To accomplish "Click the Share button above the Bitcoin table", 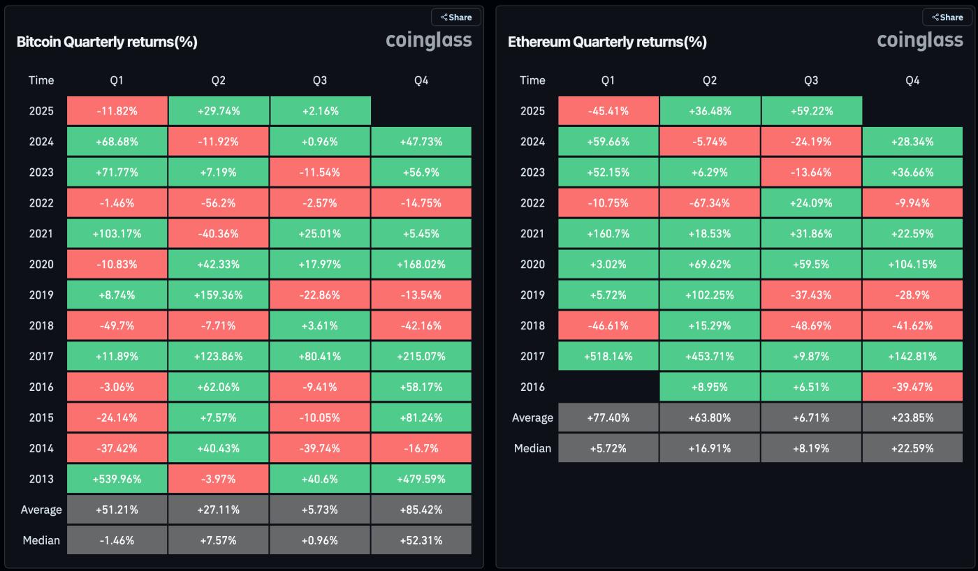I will pyautogui.click(x=456, y=17).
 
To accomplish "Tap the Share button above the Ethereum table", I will pyautogui.click(x=947, y=17).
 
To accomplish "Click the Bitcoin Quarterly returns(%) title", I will pyautogui.click(x=107, y=42).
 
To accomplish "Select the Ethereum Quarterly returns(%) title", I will pyautogui.click(x=607, y=42).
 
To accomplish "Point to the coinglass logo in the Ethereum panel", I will pyautogui.click(x=920, y=40).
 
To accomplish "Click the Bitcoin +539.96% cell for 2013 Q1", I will pyautogui.click(x=117, y=479).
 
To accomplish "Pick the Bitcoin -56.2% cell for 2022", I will pyautogui.click(x=218, y=203).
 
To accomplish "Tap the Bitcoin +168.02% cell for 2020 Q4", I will pyautogui.click(x=421, y=265).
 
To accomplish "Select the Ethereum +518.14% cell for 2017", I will pyautogui.click(x=608, y=356).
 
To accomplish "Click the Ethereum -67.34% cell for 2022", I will pyautogui.click(x=709, y=203).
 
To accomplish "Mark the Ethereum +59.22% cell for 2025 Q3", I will pyautogui.click(x=810, y=111).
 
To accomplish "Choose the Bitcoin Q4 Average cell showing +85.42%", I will pyautogui.click(x=421, y=510).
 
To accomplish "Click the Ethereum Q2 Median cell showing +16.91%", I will pyautogui.click(x=709, y=448).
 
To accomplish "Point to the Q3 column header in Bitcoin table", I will pyautogui.click(x=319, y=80).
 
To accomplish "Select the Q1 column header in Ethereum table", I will pyautogui.click(x=608, y=80).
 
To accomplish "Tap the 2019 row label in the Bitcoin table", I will pyautogui.click(x=41, y=295).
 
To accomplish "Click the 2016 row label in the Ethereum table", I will pyautogui.click(x=532, y=387).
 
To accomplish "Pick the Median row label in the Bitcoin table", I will pyautogui.click(x=41, y=540).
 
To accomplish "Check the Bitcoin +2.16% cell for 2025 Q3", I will pyautogui.click(x=319, y=111).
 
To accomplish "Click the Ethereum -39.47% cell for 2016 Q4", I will pyautogui.click(x=912, y=387).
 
